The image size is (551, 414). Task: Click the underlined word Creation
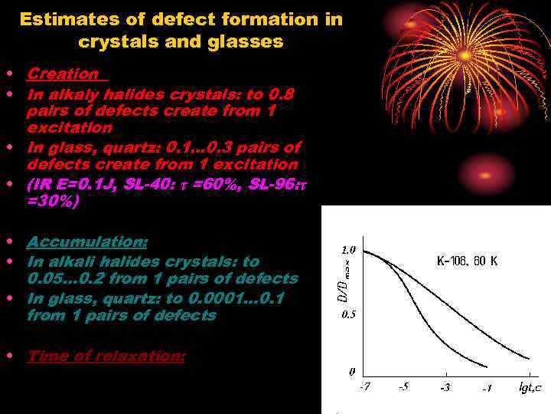pos(64,74)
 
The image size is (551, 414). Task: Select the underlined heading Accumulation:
pos(87,242)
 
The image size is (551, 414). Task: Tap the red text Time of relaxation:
pos(106,356)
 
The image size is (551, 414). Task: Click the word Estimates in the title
pos(63,19)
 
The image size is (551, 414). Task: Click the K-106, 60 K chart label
pos(467,261)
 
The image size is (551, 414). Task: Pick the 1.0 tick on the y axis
pos(348,250)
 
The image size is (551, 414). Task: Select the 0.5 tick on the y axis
pos(348,315)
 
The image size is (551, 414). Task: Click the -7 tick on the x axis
pos(365,387)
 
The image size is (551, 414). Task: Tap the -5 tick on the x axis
pos(404,387)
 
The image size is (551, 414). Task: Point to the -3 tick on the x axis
pos(445,387)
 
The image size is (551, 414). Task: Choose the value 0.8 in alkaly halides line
pos(281,94)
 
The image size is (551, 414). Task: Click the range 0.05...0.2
pos(73,278)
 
